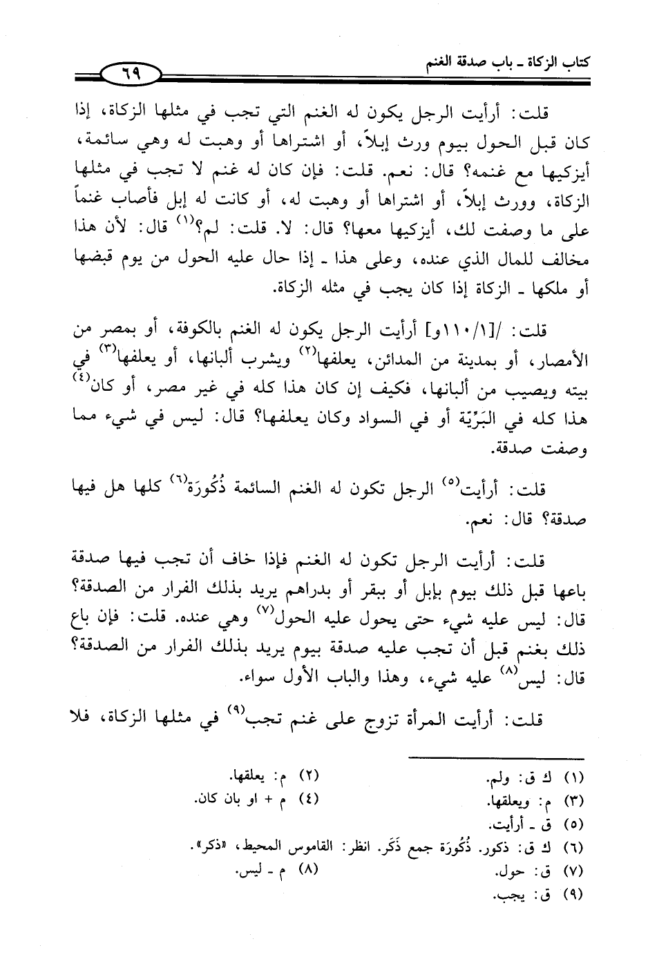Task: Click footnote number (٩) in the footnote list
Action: [574, 896]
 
